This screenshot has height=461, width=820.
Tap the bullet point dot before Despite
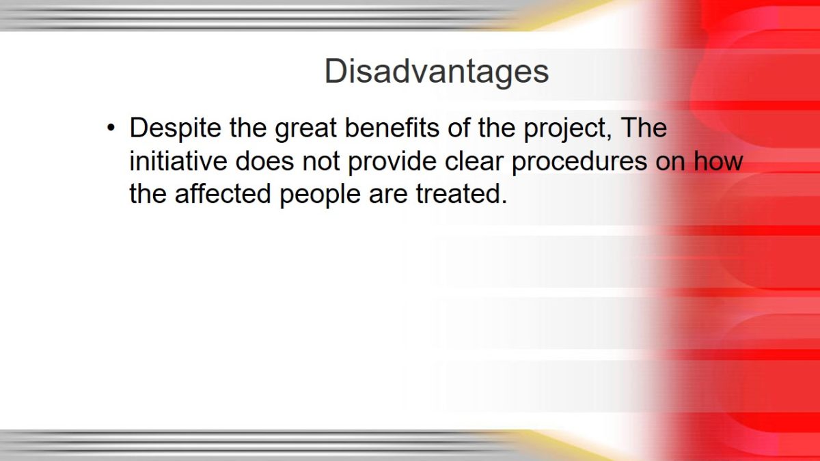click(x=111, y=128)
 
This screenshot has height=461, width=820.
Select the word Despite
click(x=176, y=129)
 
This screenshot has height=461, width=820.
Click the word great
click(x=305, y=129)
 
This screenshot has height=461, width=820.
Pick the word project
click(x=568, y=129)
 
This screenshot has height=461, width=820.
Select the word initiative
click(x=178, y=160)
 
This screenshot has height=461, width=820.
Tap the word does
click(x=264, y=160)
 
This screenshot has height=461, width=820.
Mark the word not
click(x=321, y=161)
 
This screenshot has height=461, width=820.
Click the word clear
click(x=474, y=160)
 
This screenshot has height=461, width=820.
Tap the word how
click(x=718, y=160)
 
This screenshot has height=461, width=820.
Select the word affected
click(x=223, y=193)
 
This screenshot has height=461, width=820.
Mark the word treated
click(x=461, y=193)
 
